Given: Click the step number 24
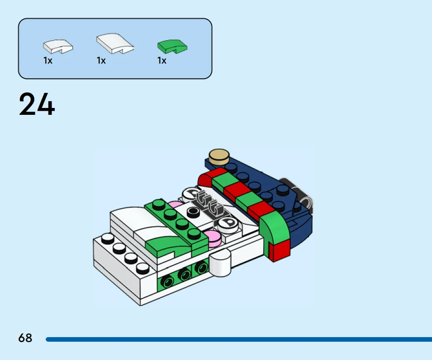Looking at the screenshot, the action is click(37, 104).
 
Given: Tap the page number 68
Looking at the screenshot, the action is click(25, 338).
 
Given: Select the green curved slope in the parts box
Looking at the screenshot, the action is click(172, 47).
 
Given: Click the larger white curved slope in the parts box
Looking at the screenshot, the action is click(115, 43).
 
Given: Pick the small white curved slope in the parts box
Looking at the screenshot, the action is click(58, 46).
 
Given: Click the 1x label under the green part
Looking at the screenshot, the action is click(162, 61).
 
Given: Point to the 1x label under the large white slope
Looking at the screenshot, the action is click(101, 61).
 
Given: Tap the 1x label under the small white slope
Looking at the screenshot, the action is click(48, 61).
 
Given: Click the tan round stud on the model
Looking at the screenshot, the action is click(219, 156).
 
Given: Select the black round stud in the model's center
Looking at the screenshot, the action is click(193, 212).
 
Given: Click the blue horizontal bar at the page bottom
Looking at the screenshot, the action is click(239, 339).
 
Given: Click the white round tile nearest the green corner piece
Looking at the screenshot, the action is click(228, 223).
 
